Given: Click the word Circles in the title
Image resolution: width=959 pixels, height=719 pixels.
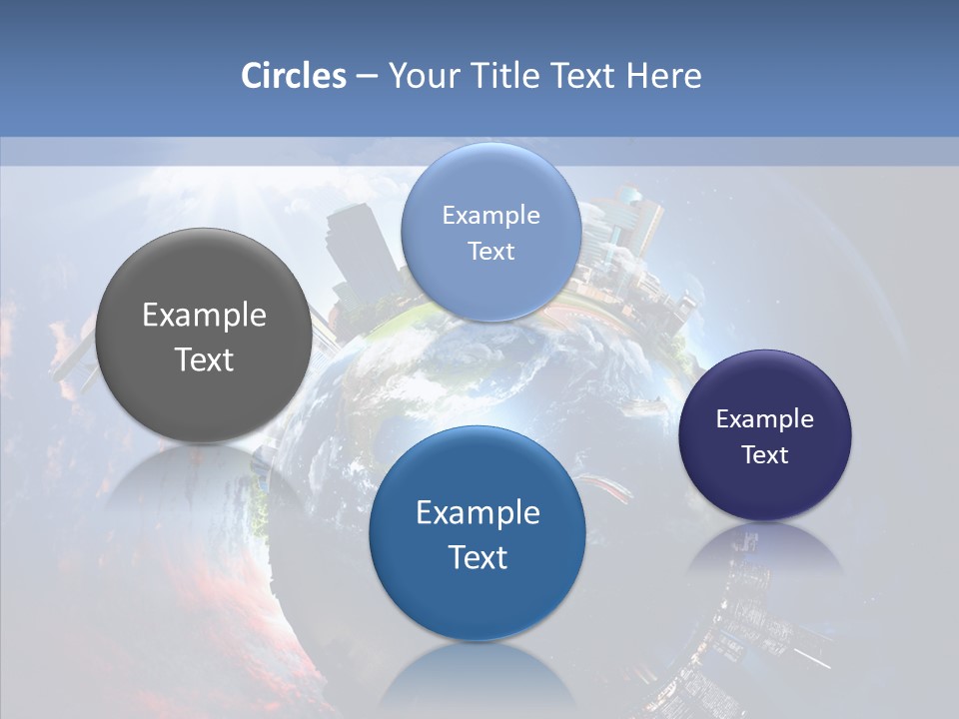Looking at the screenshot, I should pyautogui.click(x=294, y=76).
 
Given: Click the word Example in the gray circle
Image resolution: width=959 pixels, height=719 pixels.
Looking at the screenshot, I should pyautogui.click(x=204, y=316).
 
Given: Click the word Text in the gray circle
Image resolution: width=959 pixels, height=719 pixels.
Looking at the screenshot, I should pyautogui.click(x=204, y=359).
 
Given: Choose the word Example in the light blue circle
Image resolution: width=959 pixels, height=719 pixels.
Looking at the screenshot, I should pyautogui.click(x=490, y=215).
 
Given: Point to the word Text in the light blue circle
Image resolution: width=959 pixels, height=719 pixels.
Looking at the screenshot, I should pyautogui.click(x=490, y=251).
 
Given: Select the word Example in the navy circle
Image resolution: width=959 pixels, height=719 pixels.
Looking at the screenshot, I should pyautogui.click(x=765, y=419).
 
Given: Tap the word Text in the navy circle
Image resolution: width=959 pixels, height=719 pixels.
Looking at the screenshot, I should pyautogui.click(x=765, y=455).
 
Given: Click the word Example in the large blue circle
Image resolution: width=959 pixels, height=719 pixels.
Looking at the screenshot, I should pyautogui.click(x=478, y=513).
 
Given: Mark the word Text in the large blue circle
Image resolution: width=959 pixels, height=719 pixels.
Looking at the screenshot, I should pyautogui.click(x=478, y=557).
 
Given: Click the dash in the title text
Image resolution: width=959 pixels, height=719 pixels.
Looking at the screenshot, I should pyautogui.click(x=367, y=76).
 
